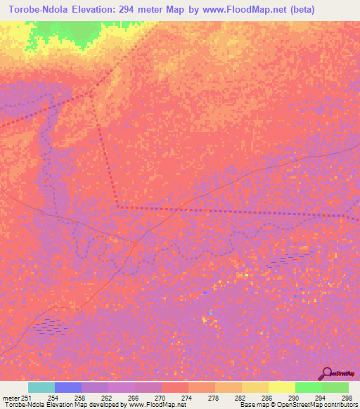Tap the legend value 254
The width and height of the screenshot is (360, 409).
coord(53,398)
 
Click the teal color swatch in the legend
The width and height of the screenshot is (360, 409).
coord(41,387)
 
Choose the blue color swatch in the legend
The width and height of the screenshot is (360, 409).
coord(68,387)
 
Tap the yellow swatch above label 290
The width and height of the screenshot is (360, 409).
coord(281,387)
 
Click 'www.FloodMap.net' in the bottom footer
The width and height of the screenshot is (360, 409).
coord(157,405)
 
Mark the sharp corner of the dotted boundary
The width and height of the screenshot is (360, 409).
coord(119,207)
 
